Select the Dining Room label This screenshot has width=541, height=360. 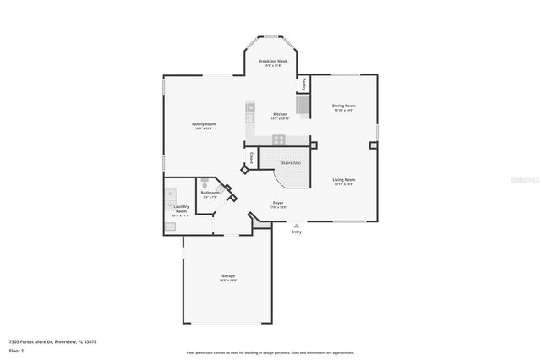coord(343,106)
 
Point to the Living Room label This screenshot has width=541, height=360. coord(343,179)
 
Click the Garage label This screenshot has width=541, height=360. coord(228,276)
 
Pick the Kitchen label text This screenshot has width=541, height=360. coord(280,114)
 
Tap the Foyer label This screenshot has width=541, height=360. coord(276,203)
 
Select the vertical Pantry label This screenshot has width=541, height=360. coord(304,84)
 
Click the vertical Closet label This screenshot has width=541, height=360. coord(252,158)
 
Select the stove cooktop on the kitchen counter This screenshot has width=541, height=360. coord(279,139)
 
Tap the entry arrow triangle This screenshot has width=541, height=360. coord(296,226)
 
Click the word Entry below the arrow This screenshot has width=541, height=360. coord(296,232)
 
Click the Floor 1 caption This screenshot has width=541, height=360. coord(16,350)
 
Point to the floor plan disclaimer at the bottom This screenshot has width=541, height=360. coord(270,352)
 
